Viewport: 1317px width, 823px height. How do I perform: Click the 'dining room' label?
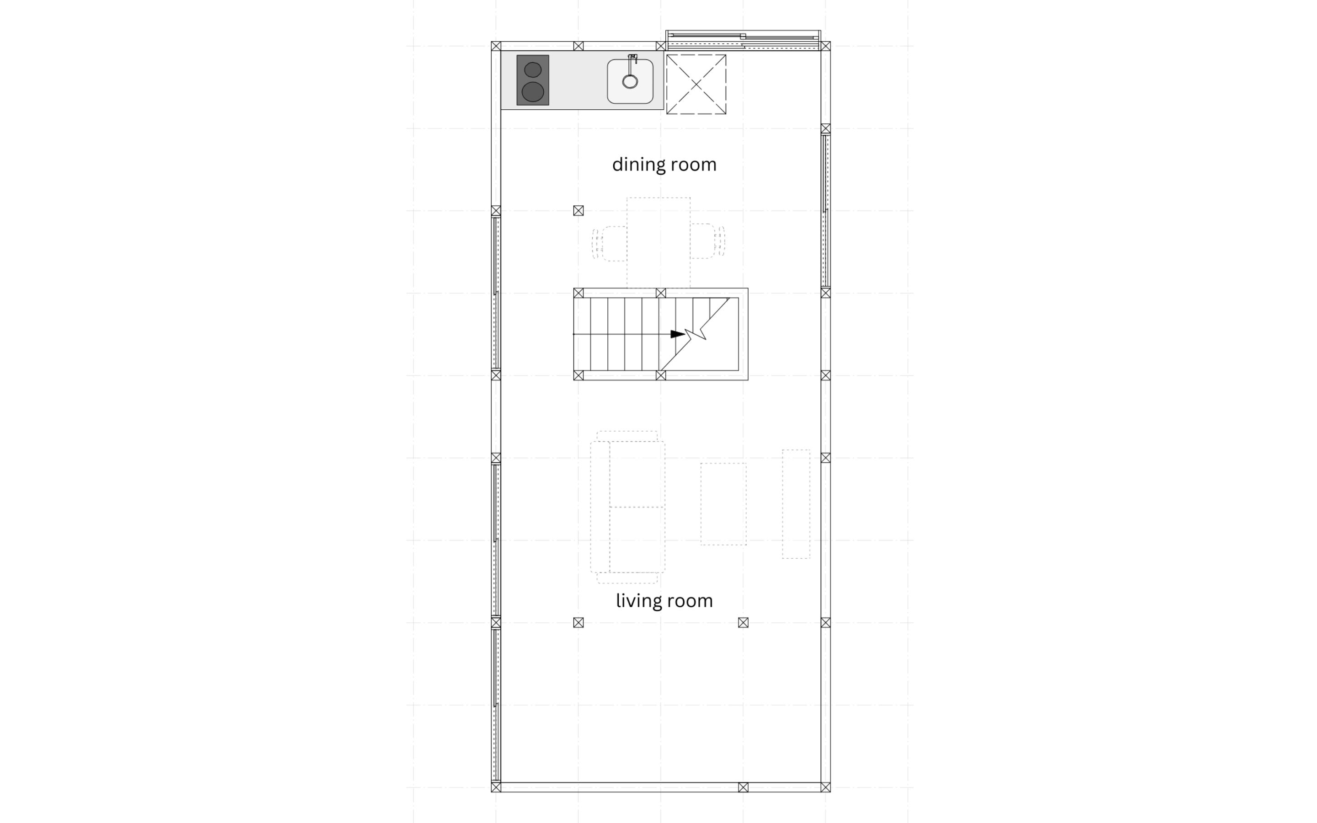pos(664,165)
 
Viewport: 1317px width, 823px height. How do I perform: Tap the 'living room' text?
pos(664,601)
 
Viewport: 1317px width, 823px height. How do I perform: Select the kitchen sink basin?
pos(630,82)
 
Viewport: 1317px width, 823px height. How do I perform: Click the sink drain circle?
pos(630,82)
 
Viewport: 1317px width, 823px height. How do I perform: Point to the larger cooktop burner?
pos(533,92)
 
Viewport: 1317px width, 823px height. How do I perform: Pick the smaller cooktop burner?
pos(533,69)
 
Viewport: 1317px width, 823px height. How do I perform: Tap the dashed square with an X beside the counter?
pos(696,85)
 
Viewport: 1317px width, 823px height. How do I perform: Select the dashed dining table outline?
pos(658,243)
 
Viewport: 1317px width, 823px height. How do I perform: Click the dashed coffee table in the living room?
pos(723,504)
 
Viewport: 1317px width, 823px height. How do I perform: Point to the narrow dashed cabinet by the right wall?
pos(796,504)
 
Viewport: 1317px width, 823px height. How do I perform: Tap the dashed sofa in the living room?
pos(627,508)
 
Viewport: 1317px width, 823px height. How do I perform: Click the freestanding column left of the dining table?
pos(578,211)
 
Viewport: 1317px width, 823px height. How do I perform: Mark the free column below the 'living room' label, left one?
pos(578,623)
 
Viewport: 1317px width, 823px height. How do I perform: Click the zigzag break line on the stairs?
pos(695,334)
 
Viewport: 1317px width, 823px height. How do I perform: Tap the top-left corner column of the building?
pos(496,46)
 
